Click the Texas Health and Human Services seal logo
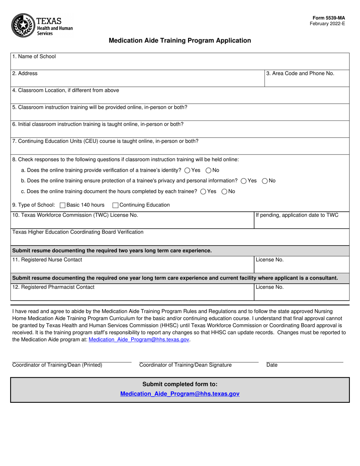click(23, 25)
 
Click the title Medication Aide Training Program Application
click(180, 41)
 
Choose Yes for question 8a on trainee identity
click(187, 170)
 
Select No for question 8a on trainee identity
click(208, 170)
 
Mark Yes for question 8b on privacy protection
click(244, 181)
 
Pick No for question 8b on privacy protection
click(265, 181)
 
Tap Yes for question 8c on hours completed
click(203, 192)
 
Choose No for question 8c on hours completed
click(224, 192)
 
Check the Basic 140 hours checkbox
click(63, 205)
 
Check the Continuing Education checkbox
click(116, 205)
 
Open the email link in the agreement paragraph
click(139, 340)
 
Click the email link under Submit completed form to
click(180, 394)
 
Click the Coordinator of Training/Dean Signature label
click(185, 365)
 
